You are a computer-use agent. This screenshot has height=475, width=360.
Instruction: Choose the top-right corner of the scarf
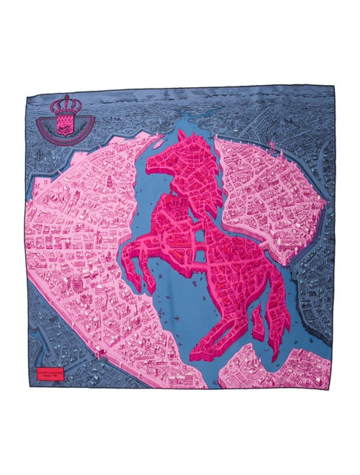pos(333,87)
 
